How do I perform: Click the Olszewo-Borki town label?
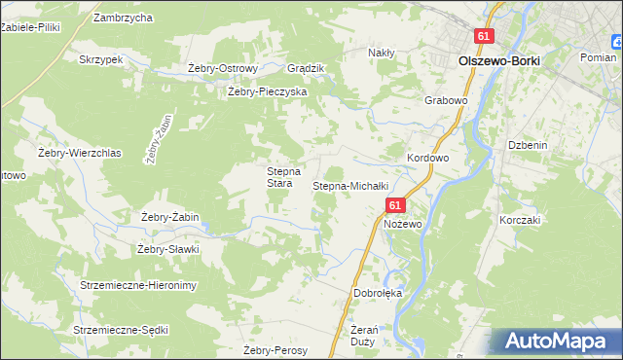coord(498,60)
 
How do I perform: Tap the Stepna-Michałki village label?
coord(350,185)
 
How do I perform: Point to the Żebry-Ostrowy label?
coord(222,68)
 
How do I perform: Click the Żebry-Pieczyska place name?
coord(267,91)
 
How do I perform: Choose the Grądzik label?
coord(306,68)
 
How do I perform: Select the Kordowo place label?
coord(427,158)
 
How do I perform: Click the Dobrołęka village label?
coord(378,293)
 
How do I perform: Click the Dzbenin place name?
coord(527,145)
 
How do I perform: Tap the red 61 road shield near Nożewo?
coord(394,206)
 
